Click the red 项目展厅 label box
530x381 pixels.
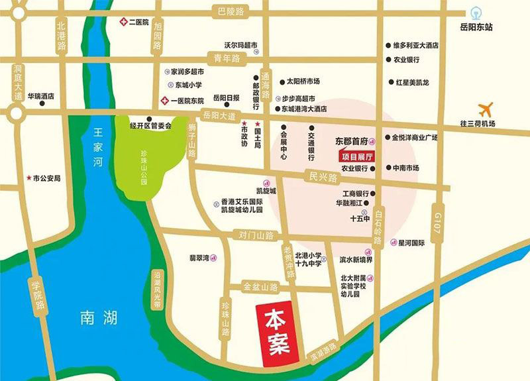(356, 157)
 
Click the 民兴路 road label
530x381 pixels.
(323, 178)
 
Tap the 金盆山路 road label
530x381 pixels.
(260, 287)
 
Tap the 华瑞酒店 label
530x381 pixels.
(40, 95)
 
